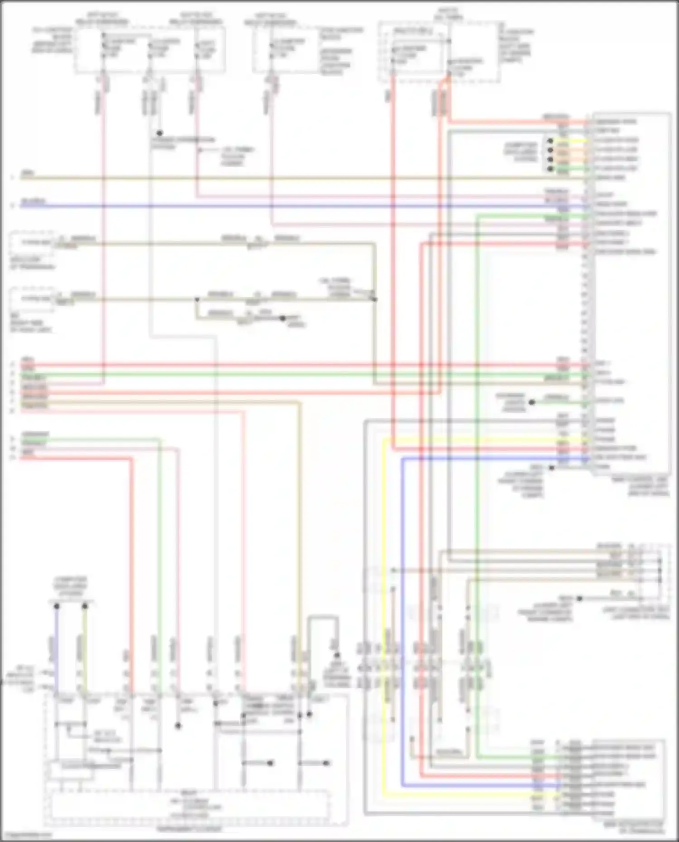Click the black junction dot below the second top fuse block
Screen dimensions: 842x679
(x=159, y=133)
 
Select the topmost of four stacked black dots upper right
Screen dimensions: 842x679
(x=550, y=141)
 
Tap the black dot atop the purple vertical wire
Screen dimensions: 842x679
(x=57, y=606)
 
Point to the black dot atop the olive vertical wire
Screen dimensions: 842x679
(x=85, y=606)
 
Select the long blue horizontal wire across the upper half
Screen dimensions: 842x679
(x=272, y=206)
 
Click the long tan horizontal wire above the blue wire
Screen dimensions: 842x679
(x=272, y=178)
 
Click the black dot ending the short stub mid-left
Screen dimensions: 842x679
(x=282, y=319)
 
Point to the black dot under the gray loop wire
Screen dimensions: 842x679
(x=337, y=655)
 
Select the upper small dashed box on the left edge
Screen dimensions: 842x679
(x=32, y=243)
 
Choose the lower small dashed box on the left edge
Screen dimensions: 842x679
(x=32, y=299)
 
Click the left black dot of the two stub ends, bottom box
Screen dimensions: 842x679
(x=271, y=763)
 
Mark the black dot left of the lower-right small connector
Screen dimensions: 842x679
(x=579, y=598)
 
